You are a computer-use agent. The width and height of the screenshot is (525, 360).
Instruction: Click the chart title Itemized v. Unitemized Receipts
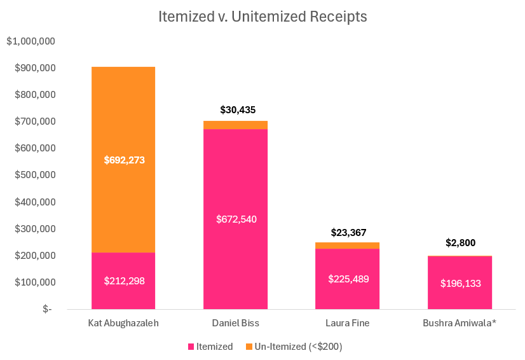[x=262, y=17]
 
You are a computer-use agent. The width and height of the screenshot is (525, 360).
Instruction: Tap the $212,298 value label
[x=125, y=280]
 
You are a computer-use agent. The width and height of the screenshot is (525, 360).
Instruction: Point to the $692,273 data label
[x=125, y=160]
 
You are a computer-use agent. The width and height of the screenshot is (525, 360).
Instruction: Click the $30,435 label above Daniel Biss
[x=238, y=110]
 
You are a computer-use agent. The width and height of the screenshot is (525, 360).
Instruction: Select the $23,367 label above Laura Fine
[x=348, y=233]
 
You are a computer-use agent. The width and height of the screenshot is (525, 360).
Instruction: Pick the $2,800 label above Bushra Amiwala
[x=460, y=242]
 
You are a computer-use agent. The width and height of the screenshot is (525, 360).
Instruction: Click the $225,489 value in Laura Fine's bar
[x=348, y=279]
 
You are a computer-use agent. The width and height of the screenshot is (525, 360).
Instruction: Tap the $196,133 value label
[x=460, y=283]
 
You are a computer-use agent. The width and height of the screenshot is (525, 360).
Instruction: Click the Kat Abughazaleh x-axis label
[x=123, y=323]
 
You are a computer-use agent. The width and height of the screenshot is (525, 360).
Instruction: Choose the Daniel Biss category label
[x=235, y=323]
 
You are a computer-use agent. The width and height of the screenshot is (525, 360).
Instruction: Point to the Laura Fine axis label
[x=348, y=323]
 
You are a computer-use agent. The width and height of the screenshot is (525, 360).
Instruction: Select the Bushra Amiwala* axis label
[x=460, y=323]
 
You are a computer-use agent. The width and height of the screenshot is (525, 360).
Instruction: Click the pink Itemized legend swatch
[x=191, y=347]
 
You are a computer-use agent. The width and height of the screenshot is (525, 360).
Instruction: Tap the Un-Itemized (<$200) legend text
[x=298, y=347]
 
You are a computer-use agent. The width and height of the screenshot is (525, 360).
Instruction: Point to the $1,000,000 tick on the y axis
[x=31, y=41]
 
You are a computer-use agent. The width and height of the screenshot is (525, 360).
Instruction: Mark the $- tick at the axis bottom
[x=47, y=309]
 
